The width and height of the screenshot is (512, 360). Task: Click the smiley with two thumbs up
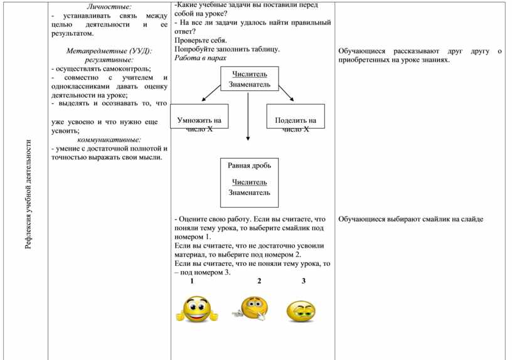click(196, 310)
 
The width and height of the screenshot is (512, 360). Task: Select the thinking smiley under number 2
click(251, 309)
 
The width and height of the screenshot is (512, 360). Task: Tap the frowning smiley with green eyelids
click(301, 312)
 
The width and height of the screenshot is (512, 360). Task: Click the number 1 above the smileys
click(192, 281)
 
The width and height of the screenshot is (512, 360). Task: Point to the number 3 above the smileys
click(303, 281)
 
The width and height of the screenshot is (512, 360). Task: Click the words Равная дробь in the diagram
click(249, 166)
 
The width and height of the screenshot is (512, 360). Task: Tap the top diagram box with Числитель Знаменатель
click(249, 80)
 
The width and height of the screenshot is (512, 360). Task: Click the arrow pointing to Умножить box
click(211, 92)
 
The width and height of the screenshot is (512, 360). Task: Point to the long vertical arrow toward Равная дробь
click(248, 116)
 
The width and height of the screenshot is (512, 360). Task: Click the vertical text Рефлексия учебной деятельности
click(28, 194)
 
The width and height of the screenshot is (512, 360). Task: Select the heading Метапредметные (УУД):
click(109, 51)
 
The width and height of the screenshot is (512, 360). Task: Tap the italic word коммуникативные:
click(109, 140)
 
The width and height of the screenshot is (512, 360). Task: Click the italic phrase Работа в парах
click(200, 57)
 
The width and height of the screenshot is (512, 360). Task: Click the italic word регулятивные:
click(110, 60)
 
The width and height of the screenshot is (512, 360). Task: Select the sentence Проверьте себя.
click(200, 40)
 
